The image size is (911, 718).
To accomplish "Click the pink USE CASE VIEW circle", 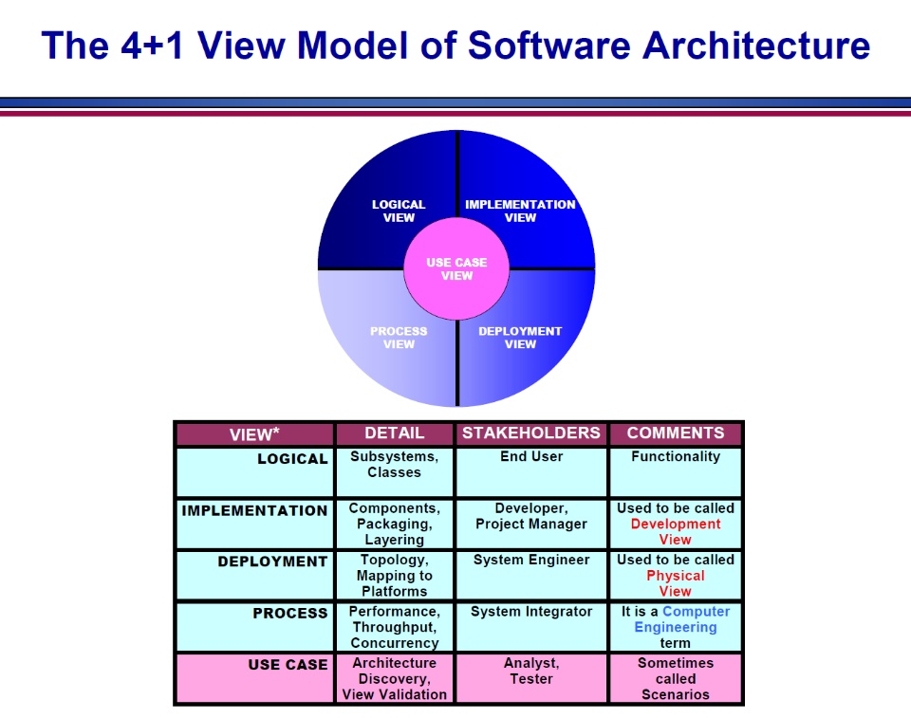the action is click(456, 269).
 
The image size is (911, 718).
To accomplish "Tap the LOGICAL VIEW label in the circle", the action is click(399, 211).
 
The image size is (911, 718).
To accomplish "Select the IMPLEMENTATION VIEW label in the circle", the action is click(520, 211).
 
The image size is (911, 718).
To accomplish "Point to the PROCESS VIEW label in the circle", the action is click(399, 338).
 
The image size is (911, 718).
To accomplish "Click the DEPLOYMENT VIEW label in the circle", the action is click(520, 338).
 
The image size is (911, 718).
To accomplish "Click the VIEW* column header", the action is click(254, 434).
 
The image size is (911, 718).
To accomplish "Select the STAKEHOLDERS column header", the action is click(531, 433).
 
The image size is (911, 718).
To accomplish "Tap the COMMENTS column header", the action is click(676, 433).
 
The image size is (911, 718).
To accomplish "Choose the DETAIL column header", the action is click(395, 433).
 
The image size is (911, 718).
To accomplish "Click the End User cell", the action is click(531, 456).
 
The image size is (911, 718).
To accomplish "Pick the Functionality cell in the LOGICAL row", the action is click(676, 456).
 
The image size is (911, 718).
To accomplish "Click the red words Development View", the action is click(676, 531).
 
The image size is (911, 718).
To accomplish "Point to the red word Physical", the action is click(676, 576).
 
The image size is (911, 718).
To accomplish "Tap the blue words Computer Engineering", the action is click(682, 619).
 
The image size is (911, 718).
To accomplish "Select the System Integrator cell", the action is click(531, 612).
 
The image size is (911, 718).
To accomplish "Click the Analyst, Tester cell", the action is click(531, 671).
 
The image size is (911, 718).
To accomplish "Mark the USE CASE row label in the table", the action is click(288, 665).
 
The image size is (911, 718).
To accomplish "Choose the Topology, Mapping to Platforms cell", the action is click(395, 575).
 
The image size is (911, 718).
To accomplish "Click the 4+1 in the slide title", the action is click(152, 46).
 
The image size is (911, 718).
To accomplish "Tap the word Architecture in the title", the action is click(756, 46).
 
